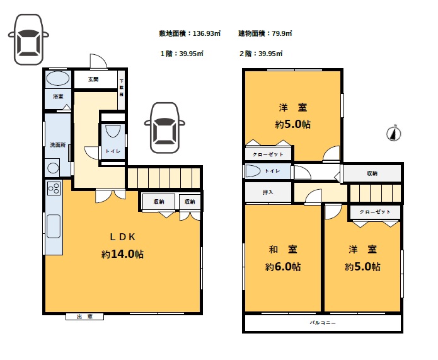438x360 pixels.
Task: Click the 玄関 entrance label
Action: click(x=93, y=79)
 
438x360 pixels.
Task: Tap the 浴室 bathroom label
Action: click(x=58, y=96)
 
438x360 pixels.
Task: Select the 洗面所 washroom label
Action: click(x=58, y=145)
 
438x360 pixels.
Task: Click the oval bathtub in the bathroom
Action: click(x=58, y=78)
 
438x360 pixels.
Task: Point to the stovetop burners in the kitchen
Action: click(x=54, y=188)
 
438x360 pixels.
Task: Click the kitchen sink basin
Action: click(x=54, y=226)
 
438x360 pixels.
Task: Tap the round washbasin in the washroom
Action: click(x=53, y=168)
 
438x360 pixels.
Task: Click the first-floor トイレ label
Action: click(x=113, y=151)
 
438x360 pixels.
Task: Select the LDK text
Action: click(x=123, y=237)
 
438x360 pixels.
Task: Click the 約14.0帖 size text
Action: click(x=123, y=254)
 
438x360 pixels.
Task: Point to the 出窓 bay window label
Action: click(x=84, y=316)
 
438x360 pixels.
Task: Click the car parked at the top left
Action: click(x=28, y=40)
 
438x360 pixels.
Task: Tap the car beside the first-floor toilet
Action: click(x=164, y=128)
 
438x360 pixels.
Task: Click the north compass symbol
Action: click(x=394, y=133)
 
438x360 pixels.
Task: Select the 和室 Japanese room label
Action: click(x=283, y=249)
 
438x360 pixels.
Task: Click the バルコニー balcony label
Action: click(x=323, y=323)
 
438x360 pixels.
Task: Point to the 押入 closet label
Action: click(x=268, y=192)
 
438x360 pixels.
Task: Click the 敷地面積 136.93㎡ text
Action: click(x=190, y=33)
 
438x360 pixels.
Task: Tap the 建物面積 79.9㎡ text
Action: click(x=265, y=33)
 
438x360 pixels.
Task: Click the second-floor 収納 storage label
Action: click(x=372, y=173)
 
